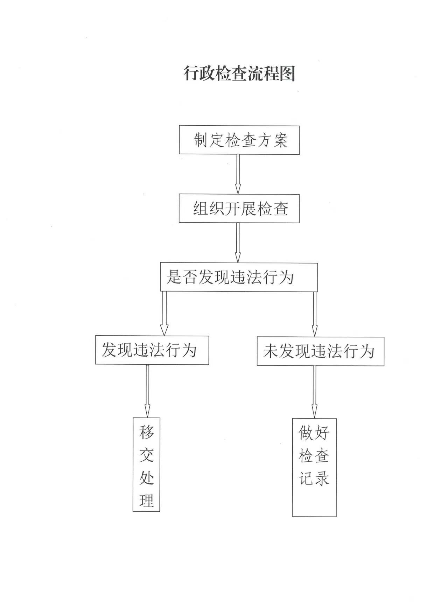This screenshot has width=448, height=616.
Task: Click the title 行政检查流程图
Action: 240,73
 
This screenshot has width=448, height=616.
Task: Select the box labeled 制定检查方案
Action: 239,140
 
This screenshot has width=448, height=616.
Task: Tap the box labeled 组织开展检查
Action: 239,209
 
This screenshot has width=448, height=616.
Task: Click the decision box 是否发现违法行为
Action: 239,277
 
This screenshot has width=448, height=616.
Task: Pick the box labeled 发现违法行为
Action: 152,350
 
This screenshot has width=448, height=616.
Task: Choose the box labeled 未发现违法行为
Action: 321,351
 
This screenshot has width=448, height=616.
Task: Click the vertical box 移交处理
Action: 146,464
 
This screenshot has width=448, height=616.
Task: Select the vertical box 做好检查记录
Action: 314,467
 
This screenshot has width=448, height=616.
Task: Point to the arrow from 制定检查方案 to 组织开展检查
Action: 238,174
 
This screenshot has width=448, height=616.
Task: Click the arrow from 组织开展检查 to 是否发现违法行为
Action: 238,243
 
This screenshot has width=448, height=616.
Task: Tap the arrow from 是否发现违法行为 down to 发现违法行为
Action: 164,314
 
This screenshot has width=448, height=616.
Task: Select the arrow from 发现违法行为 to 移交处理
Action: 147,391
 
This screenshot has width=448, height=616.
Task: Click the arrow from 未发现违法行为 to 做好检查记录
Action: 314,392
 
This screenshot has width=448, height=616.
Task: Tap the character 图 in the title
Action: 288,73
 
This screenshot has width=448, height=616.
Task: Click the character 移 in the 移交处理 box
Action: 147,432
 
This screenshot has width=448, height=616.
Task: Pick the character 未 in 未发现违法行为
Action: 271,351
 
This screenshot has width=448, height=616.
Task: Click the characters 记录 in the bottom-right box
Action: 314,478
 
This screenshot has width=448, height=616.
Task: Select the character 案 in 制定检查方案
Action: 280,140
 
